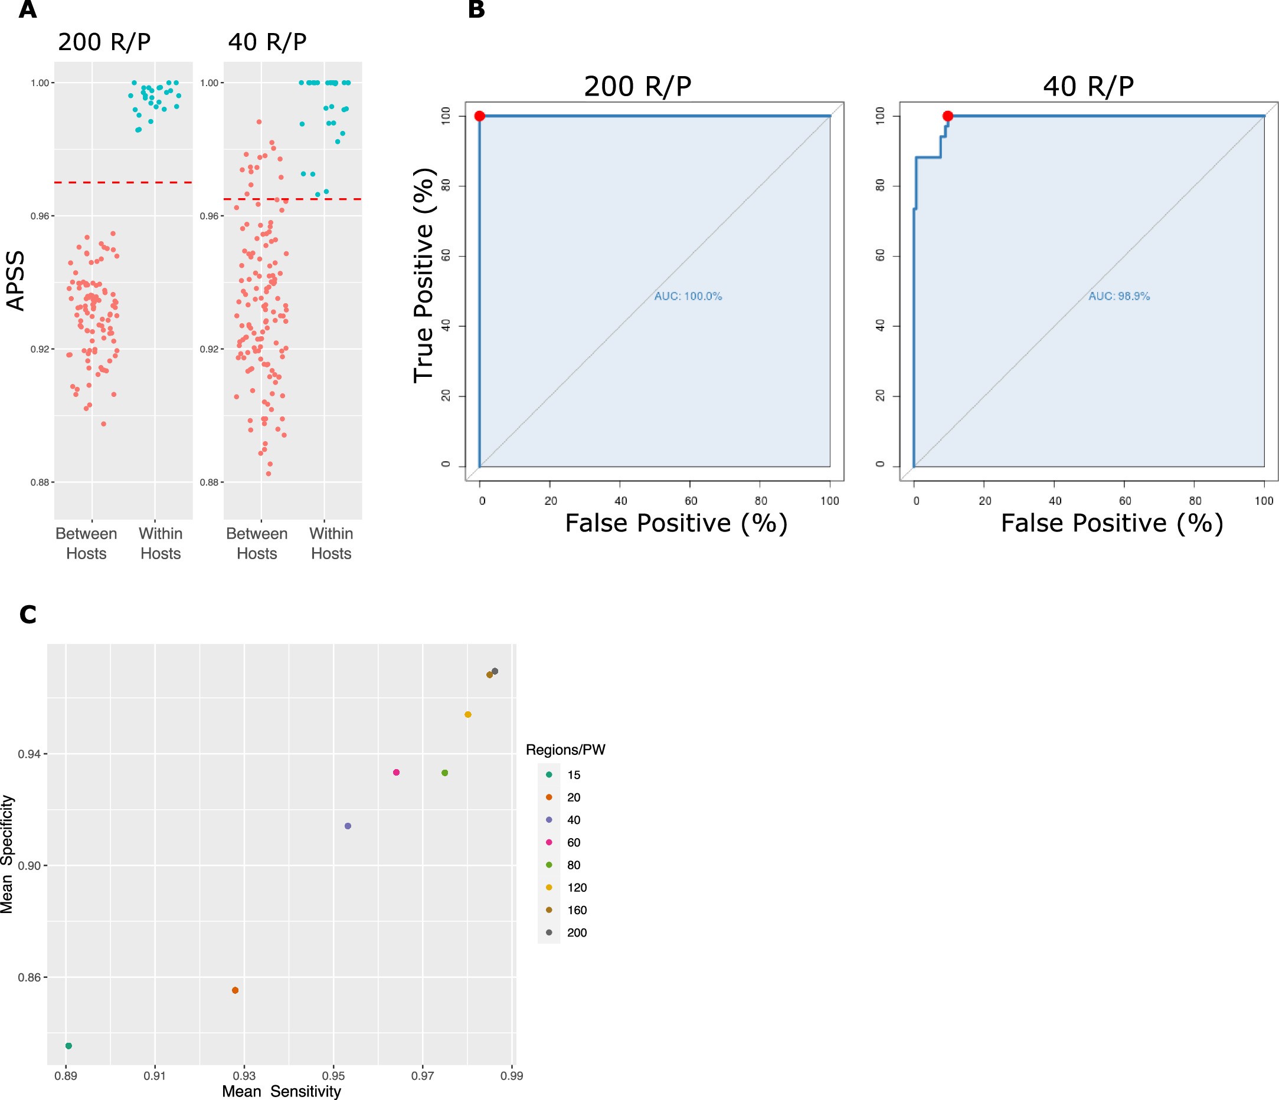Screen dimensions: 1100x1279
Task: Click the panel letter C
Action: [x=28, y=615]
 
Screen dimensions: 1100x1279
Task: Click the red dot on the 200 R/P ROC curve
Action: [x=480, y=116]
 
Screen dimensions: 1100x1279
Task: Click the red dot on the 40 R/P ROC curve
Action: [x=947, y=116]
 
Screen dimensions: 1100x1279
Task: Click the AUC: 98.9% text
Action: [x=1118, y=296]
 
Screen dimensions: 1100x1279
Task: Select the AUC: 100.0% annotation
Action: [x=688, y=296]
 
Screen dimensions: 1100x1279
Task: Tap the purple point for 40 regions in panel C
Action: [x=348, y=826]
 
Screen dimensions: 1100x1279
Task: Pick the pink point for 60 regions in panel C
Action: [x=396, y=773]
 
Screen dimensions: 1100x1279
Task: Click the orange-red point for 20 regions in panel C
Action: [x=235, y=990]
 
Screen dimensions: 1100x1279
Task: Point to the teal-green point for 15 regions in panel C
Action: [x=68, y=1046]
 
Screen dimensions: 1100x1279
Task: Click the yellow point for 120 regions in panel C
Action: [x=468, y=714]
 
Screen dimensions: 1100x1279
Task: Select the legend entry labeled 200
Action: [x=577, y=932]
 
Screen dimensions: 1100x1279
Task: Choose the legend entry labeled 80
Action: [x=574, y=865]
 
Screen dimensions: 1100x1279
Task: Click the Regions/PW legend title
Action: [x=565, y=750]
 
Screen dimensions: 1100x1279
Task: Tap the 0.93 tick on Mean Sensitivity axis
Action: [x=244, y=1075]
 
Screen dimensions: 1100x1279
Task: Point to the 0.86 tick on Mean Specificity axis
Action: [x=29, y=977]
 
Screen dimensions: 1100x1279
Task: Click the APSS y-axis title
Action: [x=15, y=281]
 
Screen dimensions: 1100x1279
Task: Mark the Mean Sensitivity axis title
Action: [x=281, y=1091]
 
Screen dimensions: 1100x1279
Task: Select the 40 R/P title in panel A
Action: [x=267, y=42]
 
